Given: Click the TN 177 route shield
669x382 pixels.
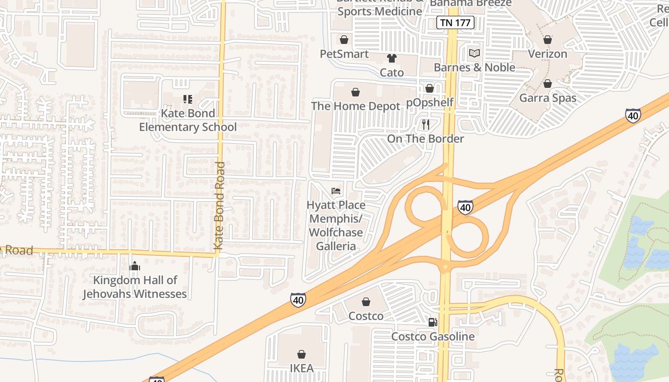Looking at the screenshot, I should pyautogui.click(x=455, y=22).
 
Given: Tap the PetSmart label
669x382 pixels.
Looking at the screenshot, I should pyautogui.click(x=344, y=54).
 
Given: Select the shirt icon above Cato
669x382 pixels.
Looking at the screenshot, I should pyautogui.click(x=392, y=58).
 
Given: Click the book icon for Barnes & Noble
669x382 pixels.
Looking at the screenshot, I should pyautogui.click(x=475, y=53).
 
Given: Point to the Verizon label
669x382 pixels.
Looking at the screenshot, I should pyautogui.click(x=548, y=54).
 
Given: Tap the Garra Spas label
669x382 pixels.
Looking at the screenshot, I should pyautogui.click(x=548, y=98).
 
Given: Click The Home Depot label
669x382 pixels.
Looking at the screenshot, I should pyautogui.click(x=356, y=106).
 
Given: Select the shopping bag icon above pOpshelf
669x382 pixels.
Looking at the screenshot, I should pyautogui.click(x=429, y=88).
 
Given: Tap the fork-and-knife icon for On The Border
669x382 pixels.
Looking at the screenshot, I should pyautogui.click(x=426, y=125).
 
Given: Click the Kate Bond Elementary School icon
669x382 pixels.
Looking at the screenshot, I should pyautogui.click(x=188, y=99).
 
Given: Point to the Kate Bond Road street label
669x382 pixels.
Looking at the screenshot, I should pyautogui.click(x=219, y=205).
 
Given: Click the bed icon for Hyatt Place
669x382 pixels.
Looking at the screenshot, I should pyautogui.click(x=336, y=191).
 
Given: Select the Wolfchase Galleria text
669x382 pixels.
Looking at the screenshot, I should pyautogui.click(x=336, y=239).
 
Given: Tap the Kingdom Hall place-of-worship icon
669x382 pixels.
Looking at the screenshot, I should pyautogui.click(x=135, y=266).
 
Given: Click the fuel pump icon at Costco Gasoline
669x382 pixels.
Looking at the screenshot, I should pyautogui.click(x=433, y=322).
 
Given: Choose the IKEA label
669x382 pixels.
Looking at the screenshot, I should pyautogui.click(x=302, y=368).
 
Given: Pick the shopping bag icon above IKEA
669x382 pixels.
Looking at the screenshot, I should pyautogui.click(x=302, y=354).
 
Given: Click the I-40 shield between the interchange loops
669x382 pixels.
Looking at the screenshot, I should pyautogui.click(x=465, y=207).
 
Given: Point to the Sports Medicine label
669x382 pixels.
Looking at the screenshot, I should pyautogui.click(x=380, y=11).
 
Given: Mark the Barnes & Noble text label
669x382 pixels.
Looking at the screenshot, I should pyautogui.click(x=475, y=67).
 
